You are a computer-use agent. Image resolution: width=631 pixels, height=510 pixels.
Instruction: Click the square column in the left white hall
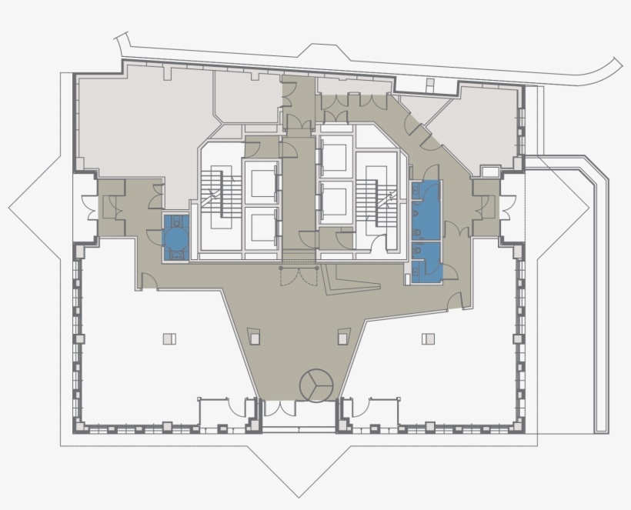click(169, 338)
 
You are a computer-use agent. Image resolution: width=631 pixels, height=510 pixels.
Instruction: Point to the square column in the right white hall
click(428, 338)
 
